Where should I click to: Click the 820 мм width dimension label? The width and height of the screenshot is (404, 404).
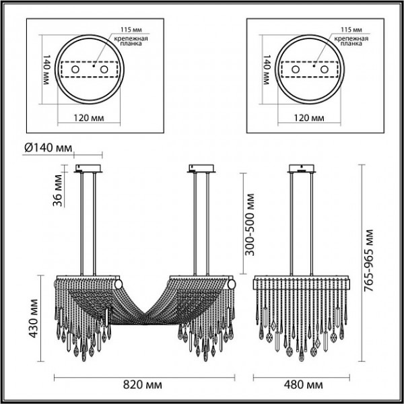click(143, 385)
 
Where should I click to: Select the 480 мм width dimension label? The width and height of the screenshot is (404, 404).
click(303, 385)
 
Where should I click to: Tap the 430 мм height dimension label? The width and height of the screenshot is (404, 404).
click(33, 318)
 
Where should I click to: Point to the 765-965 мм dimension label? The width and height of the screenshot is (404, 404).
click(368, 260)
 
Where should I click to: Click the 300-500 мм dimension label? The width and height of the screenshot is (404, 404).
click(249, 224)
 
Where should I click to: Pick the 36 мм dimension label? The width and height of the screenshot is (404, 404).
click(57, 191)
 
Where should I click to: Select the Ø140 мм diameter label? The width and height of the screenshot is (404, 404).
click(48, 148)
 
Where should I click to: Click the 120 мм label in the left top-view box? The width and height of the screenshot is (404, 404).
click(89, 118)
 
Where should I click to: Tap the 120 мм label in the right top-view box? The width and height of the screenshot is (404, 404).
click(309, 118)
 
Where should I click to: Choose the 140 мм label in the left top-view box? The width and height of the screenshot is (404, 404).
click(46, 69)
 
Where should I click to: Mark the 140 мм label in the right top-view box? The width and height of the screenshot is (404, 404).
click(267, 69)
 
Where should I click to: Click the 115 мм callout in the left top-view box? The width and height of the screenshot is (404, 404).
click(131, 30)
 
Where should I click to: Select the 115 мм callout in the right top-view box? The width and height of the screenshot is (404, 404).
click(351, 30)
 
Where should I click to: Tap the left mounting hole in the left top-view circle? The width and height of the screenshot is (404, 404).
click(75, 69)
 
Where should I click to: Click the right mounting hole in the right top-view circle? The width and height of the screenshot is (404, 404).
click(325, 69)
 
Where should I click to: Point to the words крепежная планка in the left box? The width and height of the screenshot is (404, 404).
click(131, 41)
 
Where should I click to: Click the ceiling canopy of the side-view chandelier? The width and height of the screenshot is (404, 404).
click(302, 168)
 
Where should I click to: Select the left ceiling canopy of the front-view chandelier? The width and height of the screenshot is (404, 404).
click(88, 168)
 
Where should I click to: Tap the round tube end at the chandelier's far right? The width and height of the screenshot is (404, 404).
click(231, 285)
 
